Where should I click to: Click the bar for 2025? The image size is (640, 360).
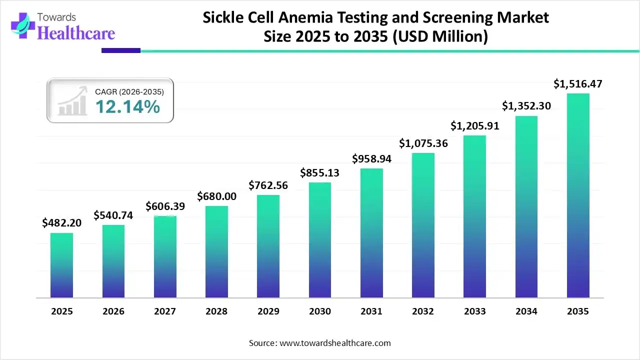point(61,265)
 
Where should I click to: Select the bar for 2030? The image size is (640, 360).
point(319,240)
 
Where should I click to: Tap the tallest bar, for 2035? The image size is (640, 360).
point(578,195)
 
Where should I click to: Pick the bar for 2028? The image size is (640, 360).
point(216,252)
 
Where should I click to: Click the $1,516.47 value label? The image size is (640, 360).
point(578,84)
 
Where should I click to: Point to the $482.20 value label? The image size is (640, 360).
point(61,223)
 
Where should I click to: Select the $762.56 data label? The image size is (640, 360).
point(268,185)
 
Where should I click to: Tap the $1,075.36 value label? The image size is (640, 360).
point(423,143)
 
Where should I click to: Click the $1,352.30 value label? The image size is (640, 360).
point(526,106)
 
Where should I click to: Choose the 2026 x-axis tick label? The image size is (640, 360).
point(113,311)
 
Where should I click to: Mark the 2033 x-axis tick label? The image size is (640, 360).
point(474,311)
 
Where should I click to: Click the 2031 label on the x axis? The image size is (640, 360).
point(371,311)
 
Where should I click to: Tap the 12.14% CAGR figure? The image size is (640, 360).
point(127,106)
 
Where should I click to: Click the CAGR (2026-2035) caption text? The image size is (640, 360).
point(129,91)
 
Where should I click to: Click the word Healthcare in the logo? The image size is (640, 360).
point(76,33)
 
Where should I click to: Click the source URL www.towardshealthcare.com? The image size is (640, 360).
point(333,343)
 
